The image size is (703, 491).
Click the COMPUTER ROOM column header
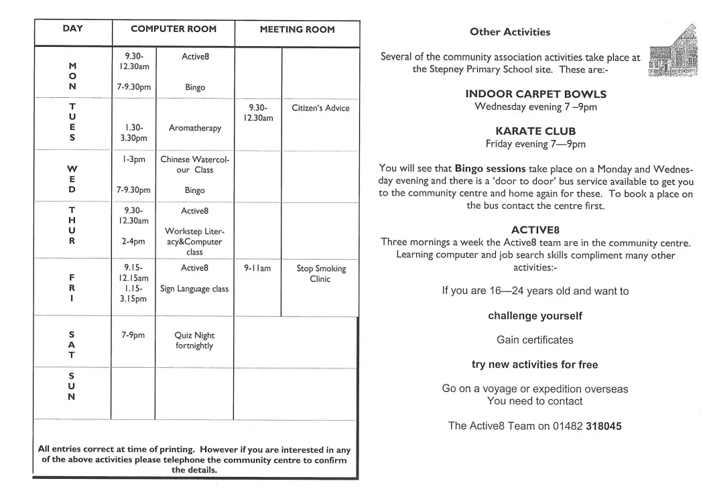click(174, 29)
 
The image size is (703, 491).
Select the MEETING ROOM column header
click(297, 29)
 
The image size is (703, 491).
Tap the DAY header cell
click(72, 29)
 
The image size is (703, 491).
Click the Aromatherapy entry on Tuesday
click(195, 128)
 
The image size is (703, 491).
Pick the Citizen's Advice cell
click(320, 108)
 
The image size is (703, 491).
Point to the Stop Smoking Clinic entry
click(321, 273)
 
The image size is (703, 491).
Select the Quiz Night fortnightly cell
click(194, 340)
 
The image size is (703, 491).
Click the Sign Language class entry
click(194, 289)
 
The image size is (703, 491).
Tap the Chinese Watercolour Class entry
click(195, 165)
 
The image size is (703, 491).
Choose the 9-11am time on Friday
click(257, 268)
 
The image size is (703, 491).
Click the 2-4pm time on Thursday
click(133, 241)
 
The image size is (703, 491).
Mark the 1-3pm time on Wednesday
click(133, 159)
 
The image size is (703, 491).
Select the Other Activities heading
click(510, 31)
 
